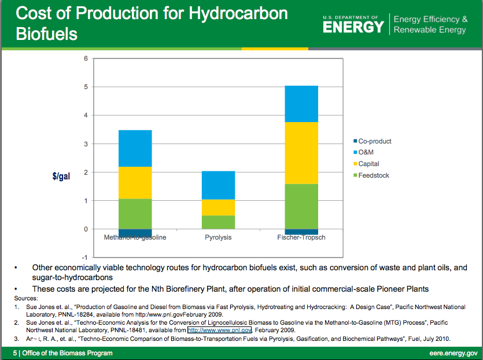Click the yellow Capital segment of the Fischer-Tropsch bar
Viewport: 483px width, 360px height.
301,153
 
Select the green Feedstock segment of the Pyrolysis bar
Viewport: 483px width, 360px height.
218,222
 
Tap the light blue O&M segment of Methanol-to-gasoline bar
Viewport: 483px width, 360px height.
135,148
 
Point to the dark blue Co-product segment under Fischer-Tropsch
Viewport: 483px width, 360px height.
301,232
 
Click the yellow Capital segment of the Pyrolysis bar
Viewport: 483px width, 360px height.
218,207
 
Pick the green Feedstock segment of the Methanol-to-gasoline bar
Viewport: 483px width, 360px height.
135,214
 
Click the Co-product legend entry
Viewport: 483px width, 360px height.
374,141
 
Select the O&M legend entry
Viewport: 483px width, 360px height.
366,152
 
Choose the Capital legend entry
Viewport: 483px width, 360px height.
368,164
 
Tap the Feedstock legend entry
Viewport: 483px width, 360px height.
373,175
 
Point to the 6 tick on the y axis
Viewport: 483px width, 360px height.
86,58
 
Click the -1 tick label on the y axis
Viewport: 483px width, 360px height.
84,257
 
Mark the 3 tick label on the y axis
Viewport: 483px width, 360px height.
86,144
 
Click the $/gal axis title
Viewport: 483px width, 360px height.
61,175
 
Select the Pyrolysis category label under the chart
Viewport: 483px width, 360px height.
218,238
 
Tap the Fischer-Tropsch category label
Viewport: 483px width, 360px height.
301,238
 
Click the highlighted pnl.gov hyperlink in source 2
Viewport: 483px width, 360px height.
219,330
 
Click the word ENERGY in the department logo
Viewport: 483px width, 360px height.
353,27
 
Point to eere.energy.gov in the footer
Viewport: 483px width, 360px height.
453,353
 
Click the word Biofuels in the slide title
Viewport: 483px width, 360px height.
46,34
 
